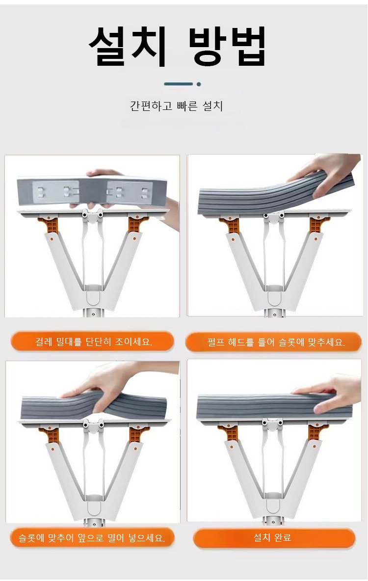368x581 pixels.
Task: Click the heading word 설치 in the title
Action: pos(128,46)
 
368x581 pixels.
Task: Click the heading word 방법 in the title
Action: pos(227,46)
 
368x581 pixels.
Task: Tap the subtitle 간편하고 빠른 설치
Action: pos(177,106)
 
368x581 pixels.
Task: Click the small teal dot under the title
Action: pos(199,84)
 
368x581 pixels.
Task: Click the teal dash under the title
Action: pos(179,84)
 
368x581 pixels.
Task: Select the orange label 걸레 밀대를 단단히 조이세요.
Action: pos(92,341)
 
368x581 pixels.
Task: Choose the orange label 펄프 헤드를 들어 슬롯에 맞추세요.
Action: pos(273,342)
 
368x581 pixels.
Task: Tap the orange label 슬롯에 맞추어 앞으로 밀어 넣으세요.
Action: pos(92,537)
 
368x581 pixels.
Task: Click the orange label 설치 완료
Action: pos(274,538)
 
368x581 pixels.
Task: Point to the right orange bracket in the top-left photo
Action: pos(136,224)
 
